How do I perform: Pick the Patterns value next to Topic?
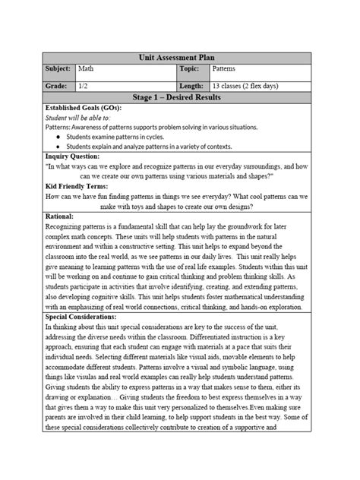pos(226,69)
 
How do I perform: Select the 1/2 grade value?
pos(84,87)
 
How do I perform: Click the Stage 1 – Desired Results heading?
pos(180,99)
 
